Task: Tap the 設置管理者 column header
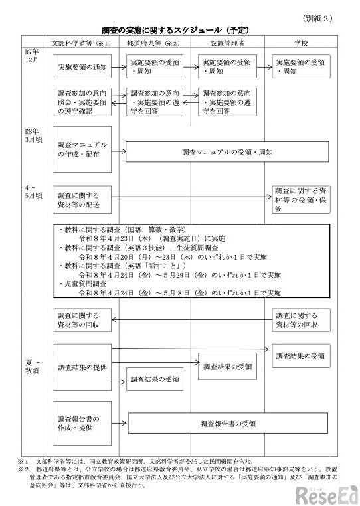coord(228,43)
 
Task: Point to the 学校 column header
coord(302,43)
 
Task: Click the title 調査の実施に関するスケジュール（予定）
coord(175,30)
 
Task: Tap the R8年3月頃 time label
coord(33,135)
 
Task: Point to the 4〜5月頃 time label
coord(33,192)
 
